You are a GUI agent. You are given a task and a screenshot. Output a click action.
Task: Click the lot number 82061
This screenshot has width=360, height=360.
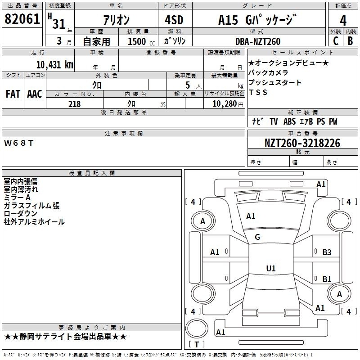coord(22,18)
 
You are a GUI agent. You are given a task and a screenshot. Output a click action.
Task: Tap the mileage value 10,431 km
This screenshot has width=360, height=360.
coord(54,64)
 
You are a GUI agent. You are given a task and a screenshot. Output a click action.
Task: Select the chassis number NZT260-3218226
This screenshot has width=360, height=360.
coord(302,143)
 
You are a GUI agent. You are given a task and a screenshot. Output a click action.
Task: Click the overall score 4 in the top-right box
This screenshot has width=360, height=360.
coord(343,20)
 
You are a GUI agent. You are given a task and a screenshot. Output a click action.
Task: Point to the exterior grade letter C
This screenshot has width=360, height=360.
coord(336,41)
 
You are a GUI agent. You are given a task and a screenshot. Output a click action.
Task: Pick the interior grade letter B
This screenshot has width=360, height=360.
coord(351,41)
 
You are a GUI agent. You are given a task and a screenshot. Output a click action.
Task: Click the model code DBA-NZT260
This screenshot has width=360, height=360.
coord(258,41)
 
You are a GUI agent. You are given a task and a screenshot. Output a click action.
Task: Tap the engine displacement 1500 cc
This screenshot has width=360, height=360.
coord(141,41)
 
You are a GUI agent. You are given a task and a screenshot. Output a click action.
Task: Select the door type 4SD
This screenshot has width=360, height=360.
coord(174,20)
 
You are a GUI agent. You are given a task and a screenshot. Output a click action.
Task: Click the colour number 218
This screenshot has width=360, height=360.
coord(74,104)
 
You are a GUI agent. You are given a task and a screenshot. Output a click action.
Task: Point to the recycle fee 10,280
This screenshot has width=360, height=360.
coord(225,104)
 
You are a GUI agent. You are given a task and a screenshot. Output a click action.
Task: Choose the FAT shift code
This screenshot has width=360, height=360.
coord(13,94)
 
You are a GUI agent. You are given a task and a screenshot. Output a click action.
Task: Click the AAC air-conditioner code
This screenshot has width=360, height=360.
coord(35,94)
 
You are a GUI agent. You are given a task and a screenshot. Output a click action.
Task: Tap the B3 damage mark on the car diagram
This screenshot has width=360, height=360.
coord(327,252)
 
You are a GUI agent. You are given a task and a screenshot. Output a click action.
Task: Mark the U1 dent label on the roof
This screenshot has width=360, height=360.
coord(271,268)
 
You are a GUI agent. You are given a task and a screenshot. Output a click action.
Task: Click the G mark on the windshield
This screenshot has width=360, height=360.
coord(257,237)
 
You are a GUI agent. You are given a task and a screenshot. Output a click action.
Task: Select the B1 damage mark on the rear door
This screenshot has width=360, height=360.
coord(327,279)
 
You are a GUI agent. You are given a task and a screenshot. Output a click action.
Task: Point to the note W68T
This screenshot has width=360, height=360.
coord(18,143)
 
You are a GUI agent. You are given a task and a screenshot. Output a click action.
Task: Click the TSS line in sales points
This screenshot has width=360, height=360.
coord(258,92)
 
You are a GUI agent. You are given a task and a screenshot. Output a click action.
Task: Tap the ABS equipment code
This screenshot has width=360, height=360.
coord(289,121)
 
